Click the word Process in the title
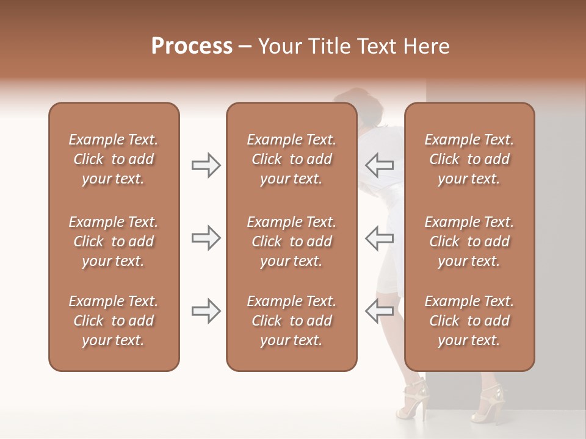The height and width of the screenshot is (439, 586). (x=192, y=46)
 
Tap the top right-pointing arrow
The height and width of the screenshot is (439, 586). (x=206, y=165)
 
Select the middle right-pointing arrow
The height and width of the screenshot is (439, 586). (x=206, y=238)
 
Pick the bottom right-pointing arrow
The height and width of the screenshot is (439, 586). (x=206, y=311)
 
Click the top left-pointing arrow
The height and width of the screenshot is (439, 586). (x=379, y=165)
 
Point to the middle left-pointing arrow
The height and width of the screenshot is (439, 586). (x=379, y=238)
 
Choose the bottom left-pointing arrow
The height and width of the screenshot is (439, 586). (x=379, y=311)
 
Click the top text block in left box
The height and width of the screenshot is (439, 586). (x=114, y=159)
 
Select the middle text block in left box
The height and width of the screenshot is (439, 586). (x=114, y=241)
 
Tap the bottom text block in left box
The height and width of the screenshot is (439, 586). (x=114, y=321)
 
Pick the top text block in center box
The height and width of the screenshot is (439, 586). (x=291, y=159)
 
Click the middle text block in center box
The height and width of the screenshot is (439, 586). (x=291, y=241)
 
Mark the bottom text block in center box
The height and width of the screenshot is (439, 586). (x=291, y=321)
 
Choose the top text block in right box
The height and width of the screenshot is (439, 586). (x=469, y=159)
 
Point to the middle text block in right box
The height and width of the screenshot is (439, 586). (x=469, y=241)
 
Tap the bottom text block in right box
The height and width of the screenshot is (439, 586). (x=469, y=321)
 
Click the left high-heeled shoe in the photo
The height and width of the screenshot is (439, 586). (x=413, y=399)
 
